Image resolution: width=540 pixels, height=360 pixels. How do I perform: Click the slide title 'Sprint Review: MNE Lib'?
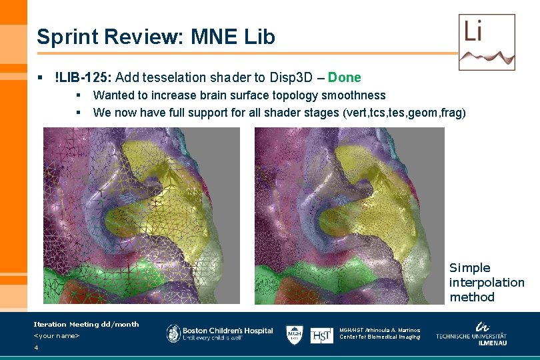[x=155, y=37]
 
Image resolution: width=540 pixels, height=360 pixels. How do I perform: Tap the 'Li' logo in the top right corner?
[x=487, y=41]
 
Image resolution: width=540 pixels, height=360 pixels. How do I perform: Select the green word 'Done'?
[x=344, y=77]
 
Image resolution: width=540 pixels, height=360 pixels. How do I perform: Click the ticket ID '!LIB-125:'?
[x=83, y=77]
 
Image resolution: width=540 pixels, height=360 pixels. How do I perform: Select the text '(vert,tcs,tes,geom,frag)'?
[x=404, y=113]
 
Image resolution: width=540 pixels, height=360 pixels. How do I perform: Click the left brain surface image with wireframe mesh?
[x=141, y=215]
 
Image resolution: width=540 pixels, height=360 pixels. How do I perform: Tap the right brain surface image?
[x=349, y=215]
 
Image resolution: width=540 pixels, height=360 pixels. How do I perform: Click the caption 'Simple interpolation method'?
[x=486, y=282]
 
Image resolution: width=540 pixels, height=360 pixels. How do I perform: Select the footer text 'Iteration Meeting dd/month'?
[x=86, y=324]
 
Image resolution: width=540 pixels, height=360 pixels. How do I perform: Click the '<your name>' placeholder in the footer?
[x=56, y=335]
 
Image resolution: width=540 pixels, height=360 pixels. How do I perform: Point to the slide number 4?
[x=36, y=348]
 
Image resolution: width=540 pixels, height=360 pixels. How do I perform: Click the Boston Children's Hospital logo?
[x=219, y=334]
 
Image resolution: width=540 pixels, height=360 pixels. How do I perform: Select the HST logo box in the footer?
[x=322, y=335]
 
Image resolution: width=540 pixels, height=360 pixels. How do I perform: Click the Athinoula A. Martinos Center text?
[x=379, y=333]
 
